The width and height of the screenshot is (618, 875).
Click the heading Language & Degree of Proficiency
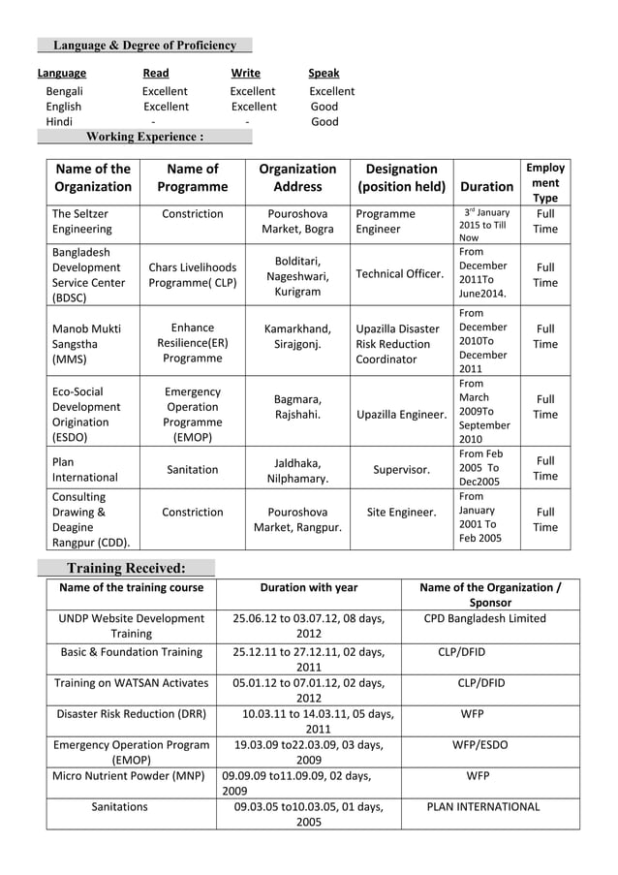(x=144, y=46)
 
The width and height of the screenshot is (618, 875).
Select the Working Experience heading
(x=144, y=137)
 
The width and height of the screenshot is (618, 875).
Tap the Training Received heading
(x=125, y=568)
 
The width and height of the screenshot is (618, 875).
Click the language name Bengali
(x=64, y=91)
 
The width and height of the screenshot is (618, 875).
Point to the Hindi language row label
(x=59, y=122)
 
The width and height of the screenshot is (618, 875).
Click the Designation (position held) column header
(x=401, y=177)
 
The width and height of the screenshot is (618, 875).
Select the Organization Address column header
(x=297, y=177)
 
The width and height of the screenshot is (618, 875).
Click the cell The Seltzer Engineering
(x=81, y=221)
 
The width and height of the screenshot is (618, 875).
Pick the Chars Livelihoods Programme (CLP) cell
(x=192, y=274)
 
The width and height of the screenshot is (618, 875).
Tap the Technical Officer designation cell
(x=399, y=273)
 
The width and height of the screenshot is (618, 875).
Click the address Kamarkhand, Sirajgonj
(x=297, y=336)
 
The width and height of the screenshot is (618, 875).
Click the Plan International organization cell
(x=84, y=470)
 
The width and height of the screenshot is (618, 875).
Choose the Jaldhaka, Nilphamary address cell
(x=297, y=470)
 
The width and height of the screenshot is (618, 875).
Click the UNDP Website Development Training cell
(x=131, y=626)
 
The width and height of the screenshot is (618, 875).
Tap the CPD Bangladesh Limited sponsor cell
(x=484, y=618)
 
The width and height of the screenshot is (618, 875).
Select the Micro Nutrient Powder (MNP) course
(x=130, y=775)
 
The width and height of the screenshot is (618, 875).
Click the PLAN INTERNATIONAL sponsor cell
(x=483, y=806)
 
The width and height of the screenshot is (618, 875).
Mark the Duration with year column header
(x=308, y=587)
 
